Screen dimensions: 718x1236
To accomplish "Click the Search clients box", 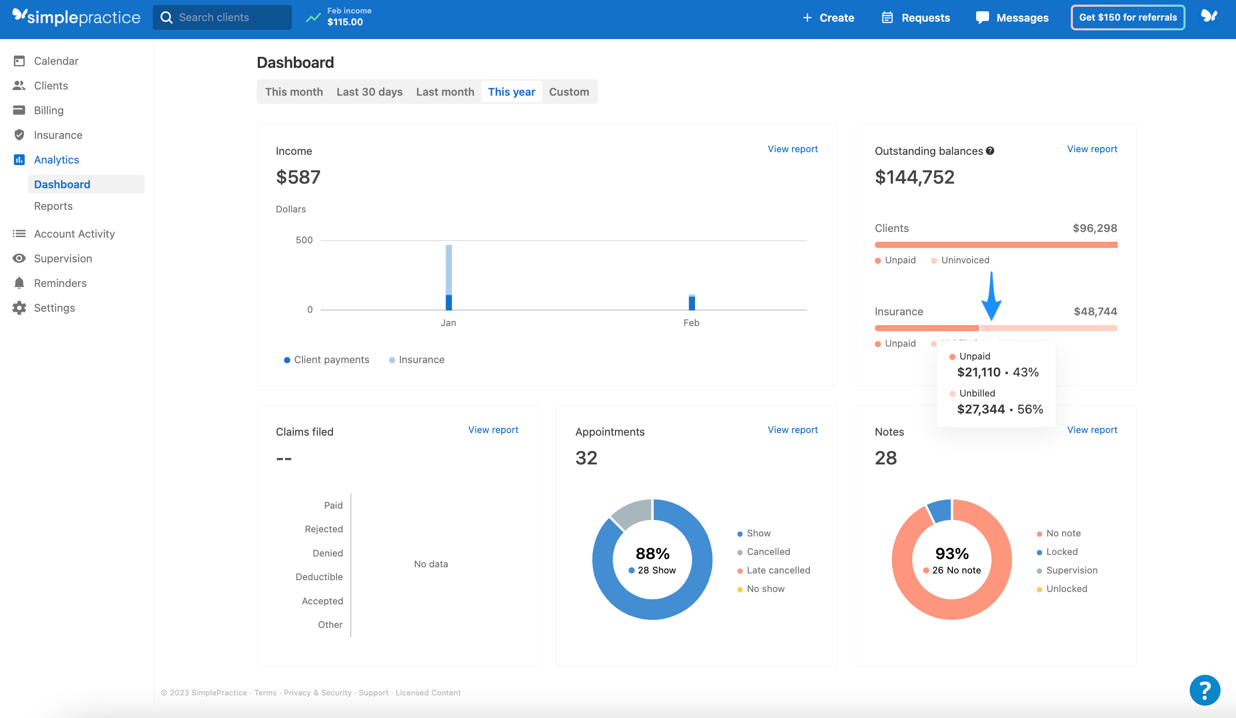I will click(222, 17).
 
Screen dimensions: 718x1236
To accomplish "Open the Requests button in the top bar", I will click(916, 17).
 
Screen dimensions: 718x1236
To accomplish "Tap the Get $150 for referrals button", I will click(1127, 17).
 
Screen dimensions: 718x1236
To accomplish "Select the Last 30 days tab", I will click(369, 92).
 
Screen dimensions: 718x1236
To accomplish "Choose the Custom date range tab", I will click(569, 92).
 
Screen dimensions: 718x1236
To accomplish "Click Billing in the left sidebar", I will click(48, 111).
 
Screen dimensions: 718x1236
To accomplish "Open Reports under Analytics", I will click(53, 206).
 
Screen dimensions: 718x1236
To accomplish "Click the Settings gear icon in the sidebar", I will click(20, 308).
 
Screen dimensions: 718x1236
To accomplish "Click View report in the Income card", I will click(792, 149).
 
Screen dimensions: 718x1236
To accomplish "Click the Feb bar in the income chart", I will click(692, 303).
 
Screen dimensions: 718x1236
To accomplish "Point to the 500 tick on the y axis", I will click(304, 240).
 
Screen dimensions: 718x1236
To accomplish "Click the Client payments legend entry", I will click(326, 360).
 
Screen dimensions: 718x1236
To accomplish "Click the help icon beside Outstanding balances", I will click(990, 151).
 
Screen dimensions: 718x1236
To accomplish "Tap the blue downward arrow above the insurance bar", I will click(991, 298).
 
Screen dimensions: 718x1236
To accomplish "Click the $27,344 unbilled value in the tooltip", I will click(981, 409).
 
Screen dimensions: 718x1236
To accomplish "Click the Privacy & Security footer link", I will click(317, 693).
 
